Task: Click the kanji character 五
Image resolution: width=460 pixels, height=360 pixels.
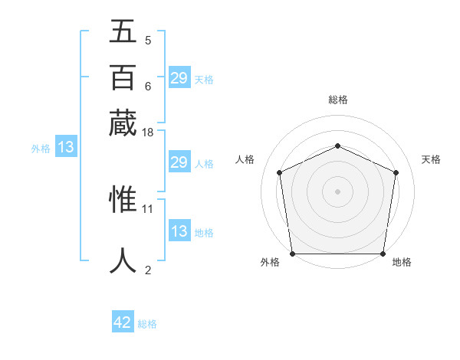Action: tap(123, 32)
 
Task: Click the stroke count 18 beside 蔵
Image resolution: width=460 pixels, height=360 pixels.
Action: tap(148, 133)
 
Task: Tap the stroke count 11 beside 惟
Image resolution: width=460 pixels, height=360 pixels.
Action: tap(148, 208)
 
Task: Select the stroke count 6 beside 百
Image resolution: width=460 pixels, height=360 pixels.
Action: tap(148, 86)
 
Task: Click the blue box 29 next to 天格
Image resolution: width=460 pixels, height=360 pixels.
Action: tap(179, 78)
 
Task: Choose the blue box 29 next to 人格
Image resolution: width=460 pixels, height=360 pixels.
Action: tap(179, 162)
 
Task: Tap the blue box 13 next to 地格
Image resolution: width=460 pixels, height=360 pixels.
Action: tap(179, 231)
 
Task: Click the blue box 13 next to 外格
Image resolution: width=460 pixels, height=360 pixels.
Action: tap(65, 147)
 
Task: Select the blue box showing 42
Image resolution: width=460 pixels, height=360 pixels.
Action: tap(123, 322)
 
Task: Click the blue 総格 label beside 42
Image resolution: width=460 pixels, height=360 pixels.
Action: tap(147, 324)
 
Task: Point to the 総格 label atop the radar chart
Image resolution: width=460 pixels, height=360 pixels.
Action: tap(337, 100)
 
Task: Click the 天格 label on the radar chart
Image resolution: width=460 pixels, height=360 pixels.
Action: tap(431, 159)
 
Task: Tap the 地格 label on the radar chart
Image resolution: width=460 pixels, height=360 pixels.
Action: tap(402, 262)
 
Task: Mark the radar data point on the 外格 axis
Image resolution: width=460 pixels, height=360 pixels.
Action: tap(292, 254)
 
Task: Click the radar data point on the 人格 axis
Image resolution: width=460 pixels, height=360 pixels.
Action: tap(280, 172)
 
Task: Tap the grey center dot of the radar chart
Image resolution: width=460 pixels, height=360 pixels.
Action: tap(337, 191)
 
